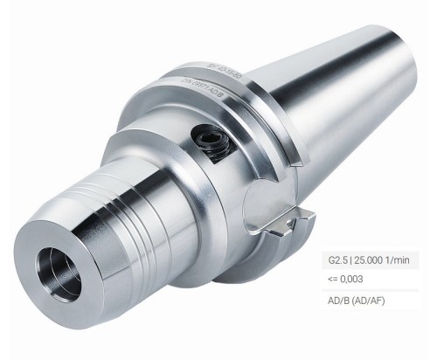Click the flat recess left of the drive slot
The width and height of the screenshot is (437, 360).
click(x=262, y=205)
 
